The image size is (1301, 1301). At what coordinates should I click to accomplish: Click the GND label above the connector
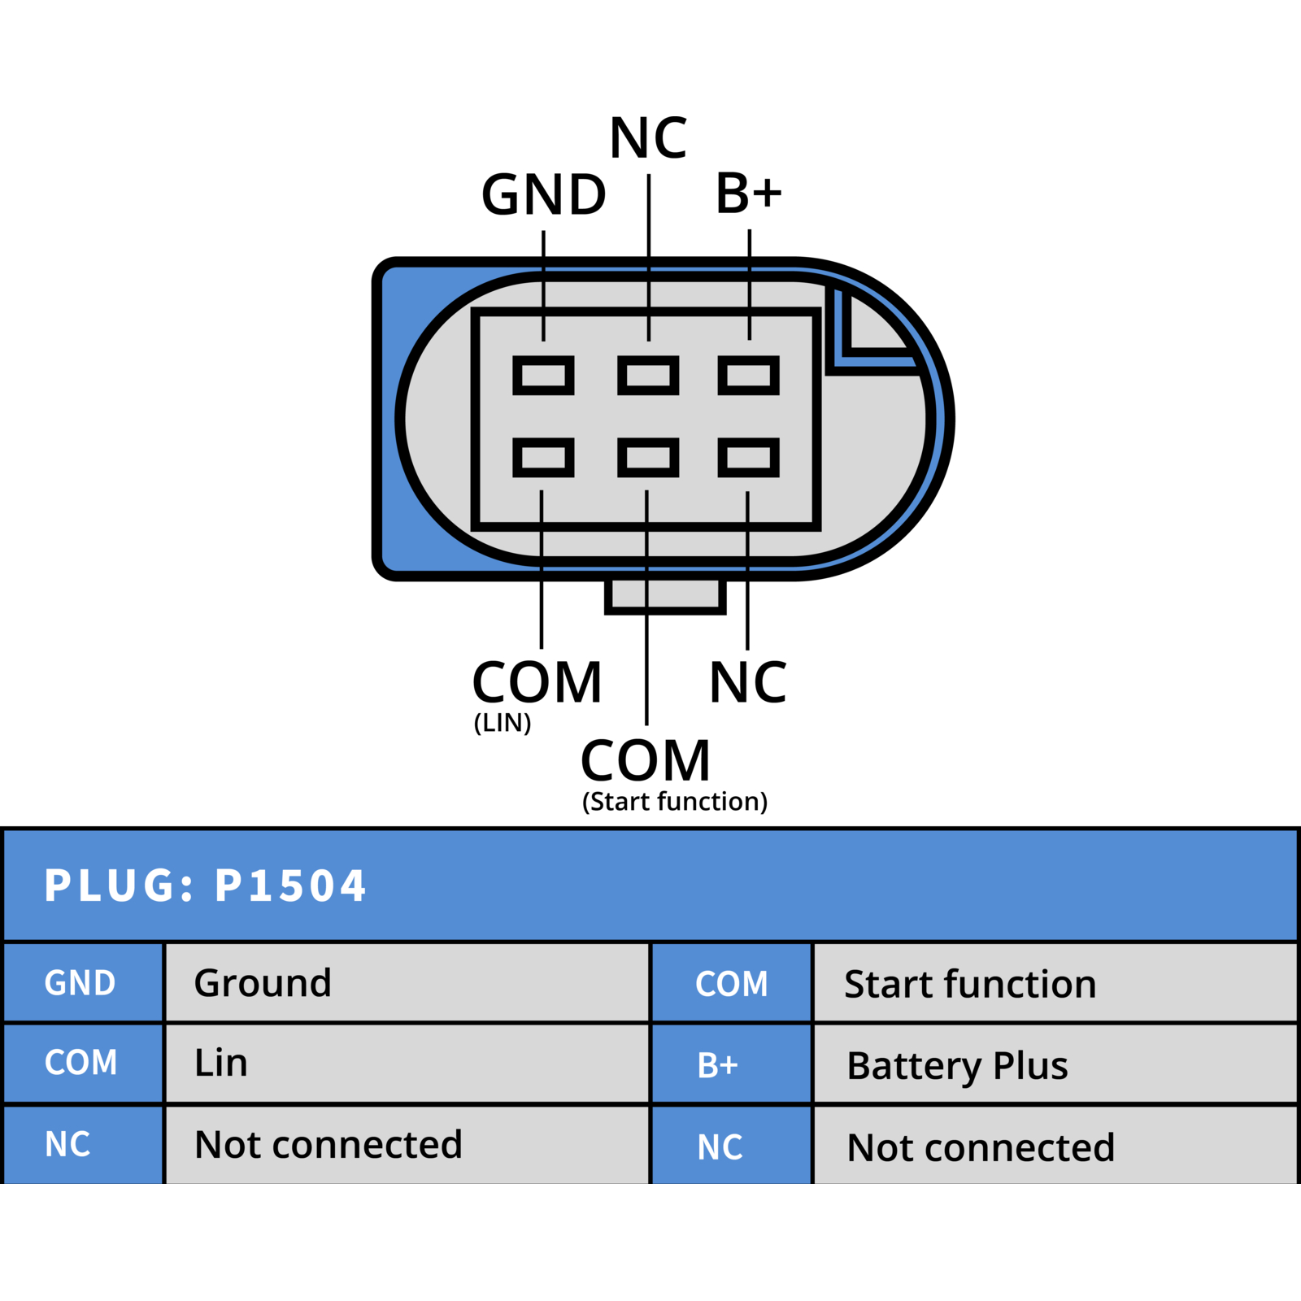pyautogui.click(x=544, y=195)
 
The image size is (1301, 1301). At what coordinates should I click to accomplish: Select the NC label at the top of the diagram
pyautogui.click(x=648, y=137)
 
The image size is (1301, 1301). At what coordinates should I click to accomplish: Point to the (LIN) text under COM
pyautogui.click(x=503, y=722)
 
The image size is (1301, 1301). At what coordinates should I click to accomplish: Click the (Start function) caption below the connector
pyautogui.click(x=675, y=802)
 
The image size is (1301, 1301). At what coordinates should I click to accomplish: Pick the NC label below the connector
pyautogui.click(x=748, y=682)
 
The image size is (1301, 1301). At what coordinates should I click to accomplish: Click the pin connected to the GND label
pyautogui.click(x=543, y=375)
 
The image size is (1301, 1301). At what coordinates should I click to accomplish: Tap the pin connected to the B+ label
pyautogui.click(x=749, y=375)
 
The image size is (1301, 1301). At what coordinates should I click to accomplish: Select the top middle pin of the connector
pyautogui.click(x=648, y=375)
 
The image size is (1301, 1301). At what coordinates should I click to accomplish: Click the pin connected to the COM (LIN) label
pyautogui.click(x=543, y=457)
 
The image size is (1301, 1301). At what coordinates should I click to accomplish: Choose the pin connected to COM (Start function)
pyautogui.click(x=648, y=457)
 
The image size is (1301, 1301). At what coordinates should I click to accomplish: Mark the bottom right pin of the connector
pyautogui.click(x=749, y=457)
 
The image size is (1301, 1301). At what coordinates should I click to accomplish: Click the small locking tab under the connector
pyautogui.click(x=665, y=596)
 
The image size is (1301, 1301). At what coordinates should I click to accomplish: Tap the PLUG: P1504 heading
pyautogui.click(x=205, y=885)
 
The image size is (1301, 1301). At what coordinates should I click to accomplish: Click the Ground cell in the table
pyautogui.click(x=407, y=982)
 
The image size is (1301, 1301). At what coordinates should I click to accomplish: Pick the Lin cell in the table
pyautogui.click(x=407, y=1063)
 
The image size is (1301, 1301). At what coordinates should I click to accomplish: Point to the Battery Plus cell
pyautogui.click(x=1055, y=1064)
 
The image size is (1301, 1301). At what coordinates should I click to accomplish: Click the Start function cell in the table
pyautogui.click(x=1055, y=983)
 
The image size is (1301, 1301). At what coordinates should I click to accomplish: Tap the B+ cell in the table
pyautogui.click(x=732, y=1064)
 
